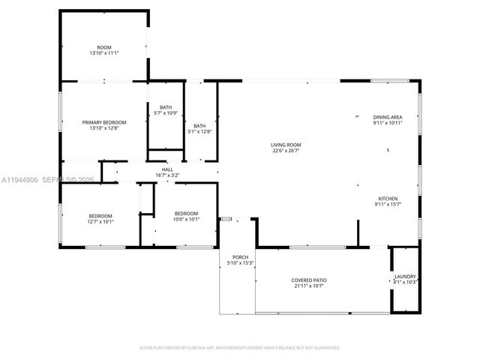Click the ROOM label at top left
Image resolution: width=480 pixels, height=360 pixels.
pyautogui.click(x=104, y=47)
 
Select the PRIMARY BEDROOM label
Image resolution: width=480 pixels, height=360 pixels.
pyautogui.click(x=104, y=122)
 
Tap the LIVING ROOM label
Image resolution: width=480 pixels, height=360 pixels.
pyautogui.click(x=286, y=145)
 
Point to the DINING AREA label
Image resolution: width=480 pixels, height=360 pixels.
pyautogui.click(x=388, y=117)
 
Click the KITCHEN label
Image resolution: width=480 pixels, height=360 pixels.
pyautogui.click(x=388, y=198)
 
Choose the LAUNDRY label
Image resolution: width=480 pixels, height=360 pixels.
pyautogui.click(x=405, y=276)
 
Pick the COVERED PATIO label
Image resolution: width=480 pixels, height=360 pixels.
pyautogui.click(x=309, y=280)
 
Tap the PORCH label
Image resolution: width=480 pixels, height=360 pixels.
pyautogui.click(x=240, y=257)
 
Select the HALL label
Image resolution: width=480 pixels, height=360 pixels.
pyautogui.click(x=167, y=170)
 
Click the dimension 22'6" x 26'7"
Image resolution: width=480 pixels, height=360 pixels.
pyautogui.click(x=286, y=151)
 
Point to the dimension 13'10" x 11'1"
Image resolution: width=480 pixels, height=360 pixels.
pyautogui.click(x=104, y=53)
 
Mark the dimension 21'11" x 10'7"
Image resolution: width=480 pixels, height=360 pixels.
pyautogui.click(x=309, y=286)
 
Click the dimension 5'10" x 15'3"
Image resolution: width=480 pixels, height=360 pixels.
pyautogui.click(x=240, y=263)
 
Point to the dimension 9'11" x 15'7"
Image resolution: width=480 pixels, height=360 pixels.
pyautogui.click(x=388, y=204)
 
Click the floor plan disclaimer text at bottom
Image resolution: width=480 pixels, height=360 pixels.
pyautogui.click(x=240, y=348)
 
